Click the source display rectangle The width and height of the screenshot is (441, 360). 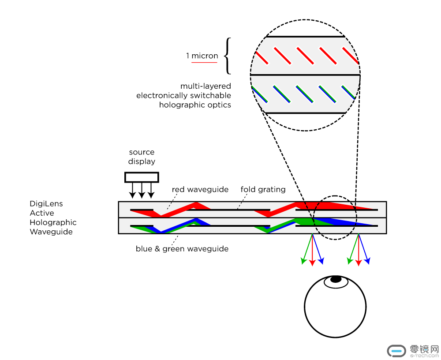142,177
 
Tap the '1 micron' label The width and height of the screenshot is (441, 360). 202,56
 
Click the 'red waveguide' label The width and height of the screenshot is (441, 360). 200,190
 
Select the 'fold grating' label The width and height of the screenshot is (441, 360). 263,190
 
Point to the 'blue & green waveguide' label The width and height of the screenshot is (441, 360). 182,249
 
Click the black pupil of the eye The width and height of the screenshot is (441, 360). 336,279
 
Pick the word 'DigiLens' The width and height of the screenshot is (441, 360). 46,204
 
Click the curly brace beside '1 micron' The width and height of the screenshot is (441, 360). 227,56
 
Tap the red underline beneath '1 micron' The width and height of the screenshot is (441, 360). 204,63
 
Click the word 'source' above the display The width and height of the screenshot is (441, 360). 142,152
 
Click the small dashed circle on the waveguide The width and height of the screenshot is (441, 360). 335,217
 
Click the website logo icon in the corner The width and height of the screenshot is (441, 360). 396,351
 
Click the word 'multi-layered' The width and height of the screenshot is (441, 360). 206,86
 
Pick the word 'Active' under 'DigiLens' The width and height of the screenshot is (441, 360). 42,213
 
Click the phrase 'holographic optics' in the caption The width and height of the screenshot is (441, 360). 195,105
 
